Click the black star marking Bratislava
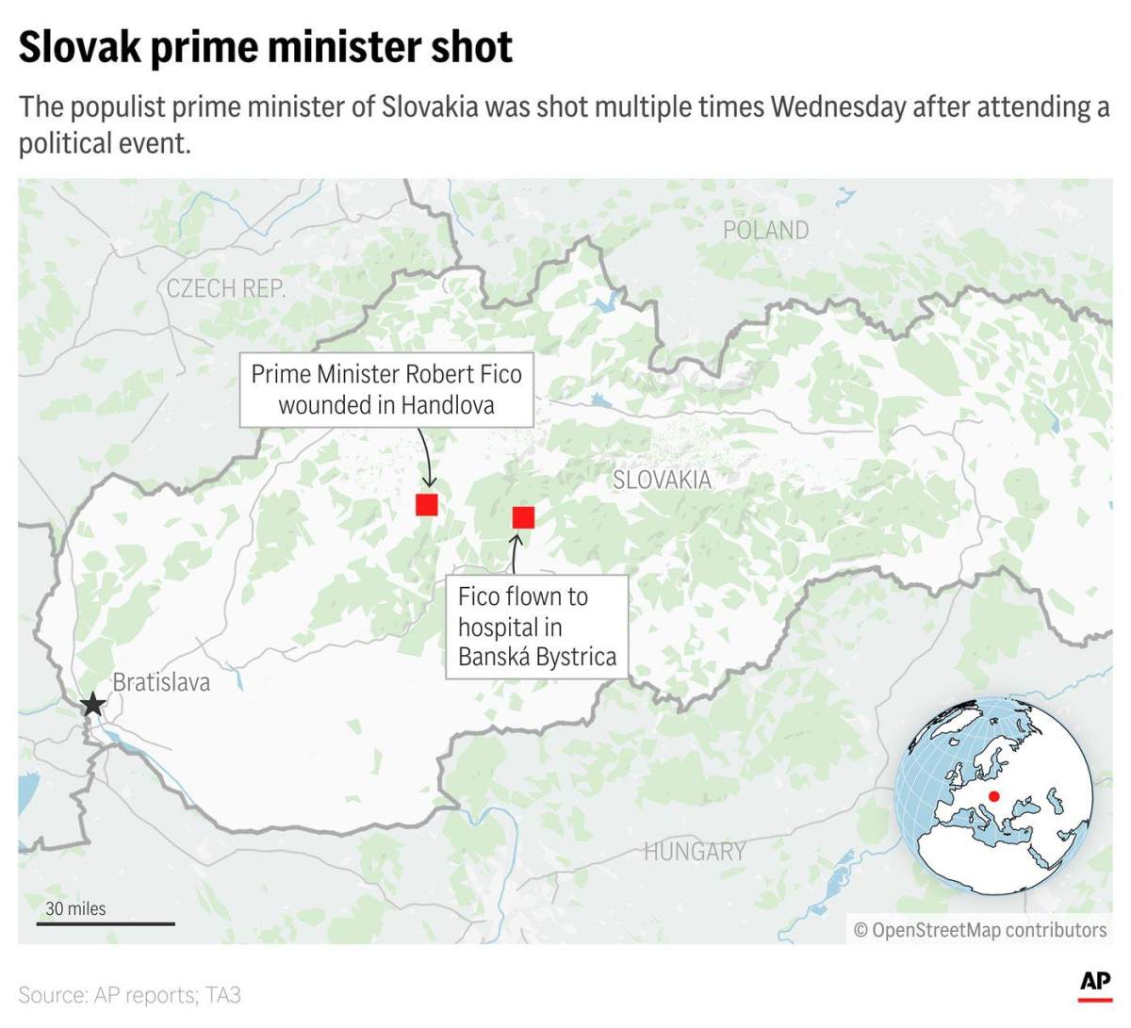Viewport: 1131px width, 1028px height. click(92, 705)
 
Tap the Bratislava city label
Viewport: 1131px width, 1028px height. click(161, 682)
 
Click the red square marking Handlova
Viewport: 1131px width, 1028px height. click(427, 504)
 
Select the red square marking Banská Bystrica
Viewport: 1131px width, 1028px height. click(523, 516)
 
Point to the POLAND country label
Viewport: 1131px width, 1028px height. click(765, 230)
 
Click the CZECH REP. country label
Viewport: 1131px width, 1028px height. click(225, 288)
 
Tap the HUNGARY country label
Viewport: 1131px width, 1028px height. click(695, 852)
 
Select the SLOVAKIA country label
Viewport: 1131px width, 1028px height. click(662, 480)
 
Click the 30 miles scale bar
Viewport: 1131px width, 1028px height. click(106, 922)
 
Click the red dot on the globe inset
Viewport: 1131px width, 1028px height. click(993, 796)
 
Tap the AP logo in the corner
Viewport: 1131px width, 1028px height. click(1095, 983)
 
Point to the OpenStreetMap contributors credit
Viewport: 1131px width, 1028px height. click(980, 930)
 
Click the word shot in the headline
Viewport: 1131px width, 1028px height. click(472, 47)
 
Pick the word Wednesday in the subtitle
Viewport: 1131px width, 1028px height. click(838, 106)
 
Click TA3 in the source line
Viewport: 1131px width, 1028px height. click(222, 995)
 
